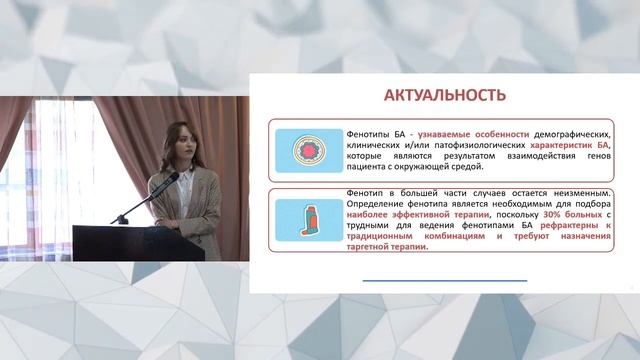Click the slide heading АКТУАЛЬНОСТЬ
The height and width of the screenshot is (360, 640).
point(445,95)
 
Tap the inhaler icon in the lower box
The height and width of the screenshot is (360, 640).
point(308,220)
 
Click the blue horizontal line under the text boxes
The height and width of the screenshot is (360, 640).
point(445,281)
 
